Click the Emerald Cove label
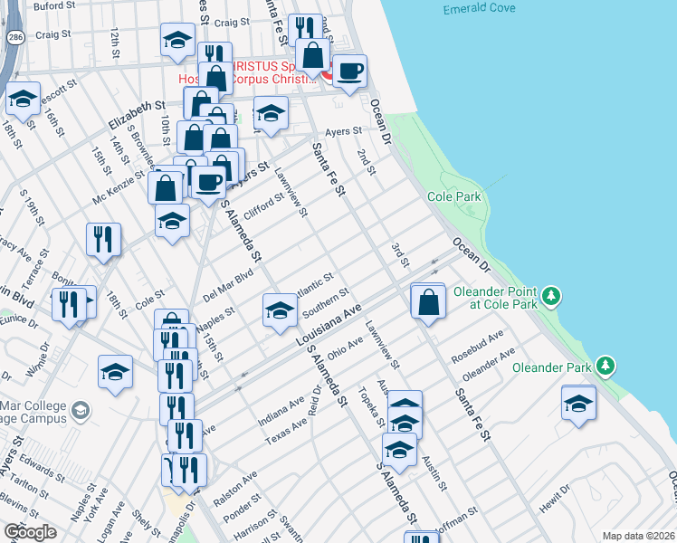pyautogui.click(x=479, y=9)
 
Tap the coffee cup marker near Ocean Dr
pyautogui.click(x=349, y=71)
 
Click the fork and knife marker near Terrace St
pyautogui.click(x=103, y=240)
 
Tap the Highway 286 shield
pyautogui.click(x=14, y=37)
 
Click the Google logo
pyautogui.click(x=30, y=532)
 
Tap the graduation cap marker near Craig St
pyautogui.click(x=177, y=39)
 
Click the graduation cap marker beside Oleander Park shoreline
pyautogui.click(x=578, y=404)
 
